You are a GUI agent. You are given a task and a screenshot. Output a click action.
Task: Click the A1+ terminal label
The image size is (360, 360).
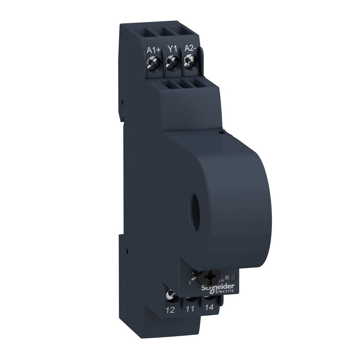(x=154, y=50)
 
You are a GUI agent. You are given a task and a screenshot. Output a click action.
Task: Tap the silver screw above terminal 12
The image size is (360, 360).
(x=170, y=296)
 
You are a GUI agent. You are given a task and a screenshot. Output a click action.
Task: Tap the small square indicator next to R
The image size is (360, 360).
(x=233, y=277)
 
